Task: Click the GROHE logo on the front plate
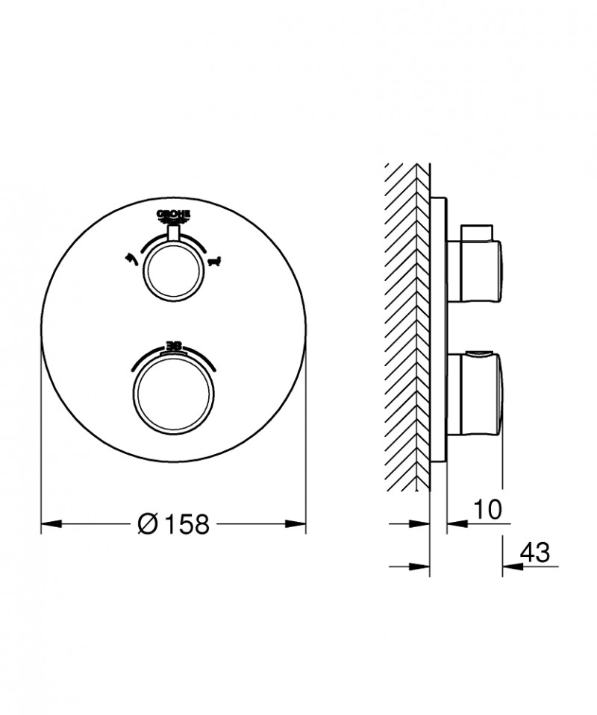tap(174, 215)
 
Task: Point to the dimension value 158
tap(183, 524)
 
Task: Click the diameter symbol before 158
tap(147, 524)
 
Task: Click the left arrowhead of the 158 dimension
tap(49, 524)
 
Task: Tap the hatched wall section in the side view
tap(407, 328)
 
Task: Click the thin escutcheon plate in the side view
tap(439, 328)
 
